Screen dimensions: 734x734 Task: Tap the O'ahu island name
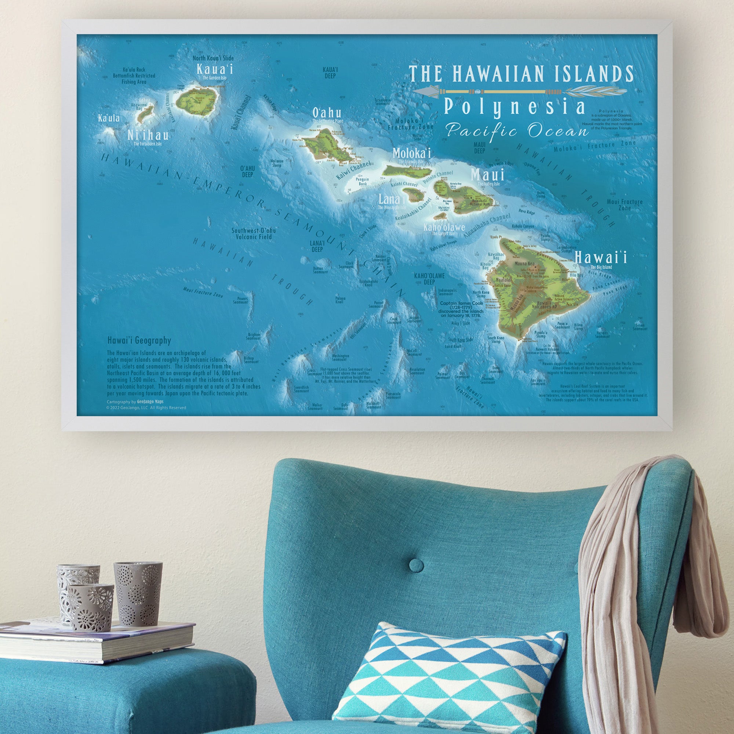[x=326, y=113]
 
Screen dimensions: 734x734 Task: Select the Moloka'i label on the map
[x=411, y=153]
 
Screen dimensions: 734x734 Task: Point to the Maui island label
[x=487, y=175]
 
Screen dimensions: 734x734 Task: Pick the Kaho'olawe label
[x=444, y=227]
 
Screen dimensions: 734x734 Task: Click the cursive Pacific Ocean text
[x=517, y=131]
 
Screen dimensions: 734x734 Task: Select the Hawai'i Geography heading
[x=139, y=341]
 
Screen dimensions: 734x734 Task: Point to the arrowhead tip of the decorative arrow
[x=415, y=91]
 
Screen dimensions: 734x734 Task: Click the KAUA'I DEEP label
[x=330, y=73]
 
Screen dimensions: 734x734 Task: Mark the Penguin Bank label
[x=362, y=182]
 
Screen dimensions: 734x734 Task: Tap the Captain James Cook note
[x=460, y=309]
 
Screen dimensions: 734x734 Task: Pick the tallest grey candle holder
[x=138, y=593]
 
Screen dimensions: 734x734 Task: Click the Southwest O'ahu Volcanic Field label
[x=254, y=233]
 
